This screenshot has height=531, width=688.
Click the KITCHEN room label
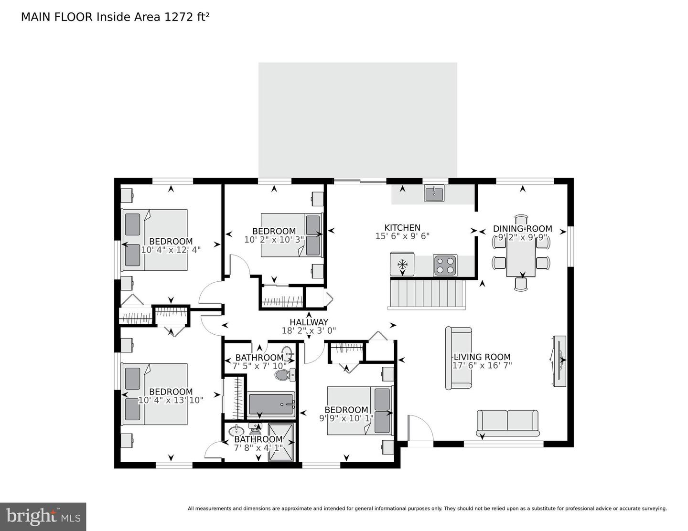click(402, 228)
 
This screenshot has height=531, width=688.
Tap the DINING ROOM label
click(522, 229)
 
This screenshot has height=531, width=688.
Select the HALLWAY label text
click(309, 322)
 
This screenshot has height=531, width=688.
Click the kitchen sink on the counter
click(434, 193)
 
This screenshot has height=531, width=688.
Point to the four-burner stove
click(445, 265)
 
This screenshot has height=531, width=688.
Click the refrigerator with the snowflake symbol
click(402, 265)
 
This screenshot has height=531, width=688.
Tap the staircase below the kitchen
click(428, 294)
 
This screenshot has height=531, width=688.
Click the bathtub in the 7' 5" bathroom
click(271, 404)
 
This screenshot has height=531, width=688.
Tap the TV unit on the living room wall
click(559, 361)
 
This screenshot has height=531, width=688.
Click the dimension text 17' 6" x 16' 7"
click(482, 366)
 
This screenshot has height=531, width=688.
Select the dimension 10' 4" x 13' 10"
click(171, 401)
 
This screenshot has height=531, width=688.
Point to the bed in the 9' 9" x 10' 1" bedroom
click(359, 411)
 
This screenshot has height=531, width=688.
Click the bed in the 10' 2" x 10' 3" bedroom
click(291, 235)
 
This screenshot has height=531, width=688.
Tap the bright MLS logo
click(43, 516)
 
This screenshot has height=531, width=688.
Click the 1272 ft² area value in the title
click(187, 17)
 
